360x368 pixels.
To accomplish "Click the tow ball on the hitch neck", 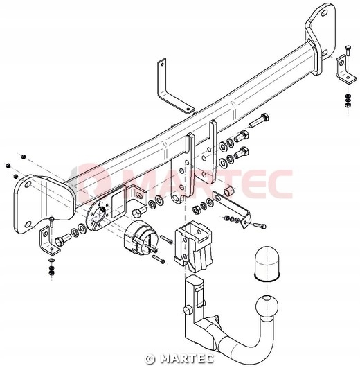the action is (267, 306).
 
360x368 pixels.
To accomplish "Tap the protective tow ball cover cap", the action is (267, 263).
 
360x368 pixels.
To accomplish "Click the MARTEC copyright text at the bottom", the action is (179, 359).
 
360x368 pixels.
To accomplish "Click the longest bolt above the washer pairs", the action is (259, 121).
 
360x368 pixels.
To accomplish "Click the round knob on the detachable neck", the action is (188, 310).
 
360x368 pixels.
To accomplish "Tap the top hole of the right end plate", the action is (325, 12).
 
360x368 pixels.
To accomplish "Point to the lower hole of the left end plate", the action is (28, 224).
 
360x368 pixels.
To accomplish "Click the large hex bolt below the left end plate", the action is (62, 239).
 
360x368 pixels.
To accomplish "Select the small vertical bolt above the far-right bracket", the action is (348, 50).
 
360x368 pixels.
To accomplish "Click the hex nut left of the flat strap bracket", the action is (196, 209).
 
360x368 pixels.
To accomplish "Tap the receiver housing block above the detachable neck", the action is (194, 247).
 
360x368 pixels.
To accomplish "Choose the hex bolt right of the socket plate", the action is (139, 211).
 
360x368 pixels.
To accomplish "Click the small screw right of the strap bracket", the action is (260, 225).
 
